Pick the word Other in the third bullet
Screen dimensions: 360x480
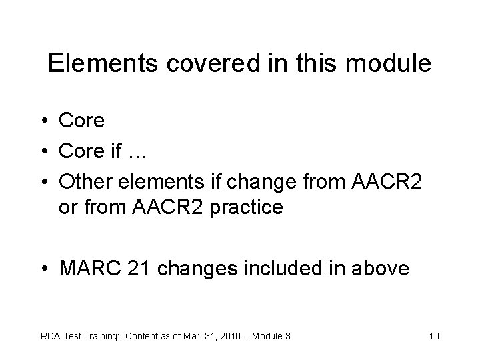tap(83, 179)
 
